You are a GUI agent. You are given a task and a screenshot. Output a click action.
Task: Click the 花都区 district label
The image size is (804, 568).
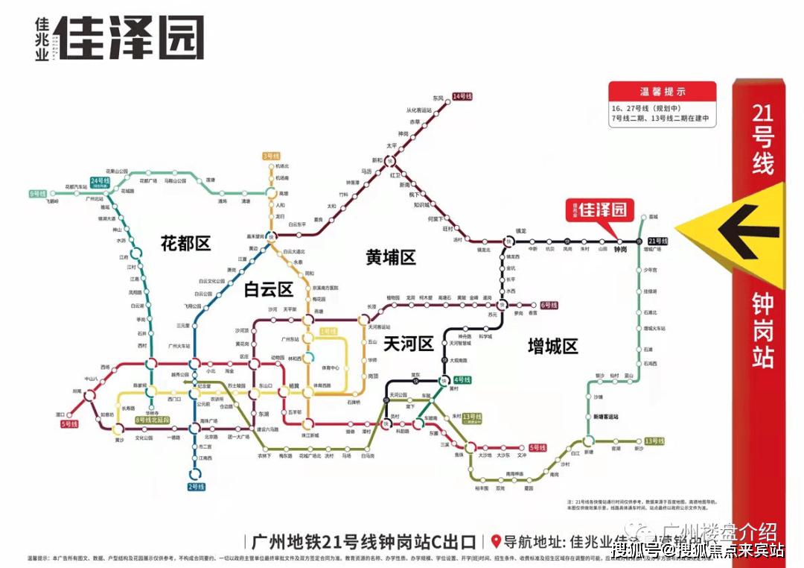click(186, 242)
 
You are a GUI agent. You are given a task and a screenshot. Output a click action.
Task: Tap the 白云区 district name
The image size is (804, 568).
click(269, 289)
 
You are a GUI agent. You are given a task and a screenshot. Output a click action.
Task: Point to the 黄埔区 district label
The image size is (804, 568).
click(391, 257)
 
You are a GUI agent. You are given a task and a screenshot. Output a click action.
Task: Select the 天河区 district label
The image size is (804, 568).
click(408, 344)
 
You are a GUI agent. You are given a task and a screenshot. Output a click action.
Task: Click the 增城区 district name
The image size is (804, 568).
click(552, 346)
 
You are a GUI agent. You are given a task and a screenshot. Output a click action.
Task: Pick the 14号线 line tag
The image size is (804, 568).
click(463, 96)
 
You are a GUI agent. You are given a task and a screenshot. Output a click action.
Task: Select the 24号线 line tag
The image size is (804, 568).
click(100, 182)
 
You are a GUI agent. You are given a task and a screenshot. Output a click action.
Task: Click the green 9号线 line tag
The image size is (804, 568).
click(38, 194)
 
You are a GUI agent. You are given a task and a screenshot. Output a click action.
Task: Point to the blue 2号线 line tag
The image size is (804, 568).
click(195, 487)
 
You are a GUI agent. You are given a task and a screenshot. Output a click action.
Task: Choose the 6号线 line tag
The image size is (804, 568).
click(549, 305)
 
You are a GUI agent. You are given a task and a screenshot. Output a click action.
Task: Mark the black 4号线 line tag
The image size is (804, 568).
click(462, 379)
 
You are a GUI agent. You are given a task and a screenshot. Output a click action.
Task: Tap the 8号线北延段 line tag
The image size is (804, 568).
click(153, 420)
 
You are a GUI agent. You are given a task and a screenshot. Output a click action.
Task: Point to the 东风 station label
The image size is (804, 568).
click(438, 98)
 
